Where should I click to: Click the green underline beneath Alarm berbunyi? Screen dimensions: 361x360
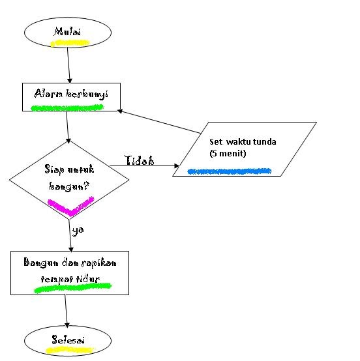click(x=67, y=107)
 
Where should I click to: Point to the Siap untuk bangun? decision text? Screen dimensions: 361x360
click(x=68, y=177)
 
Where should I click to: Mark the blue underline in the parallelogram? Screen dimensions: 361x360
click(x=228, y=171)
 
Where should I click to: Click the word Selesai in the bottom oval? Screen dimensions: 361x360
click(x=67, y=339)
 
